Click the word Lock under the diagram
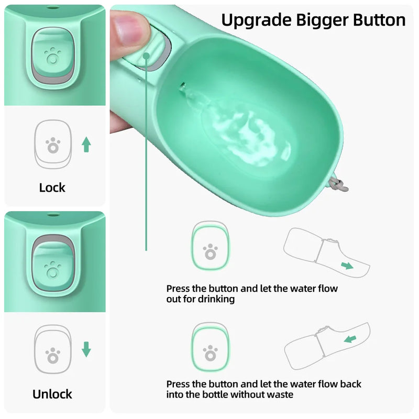[52, 188]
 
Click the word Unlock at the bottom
[52, 394]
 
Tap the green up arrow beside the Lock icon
[86, 145]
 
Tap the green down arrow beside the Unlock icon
[86, 349]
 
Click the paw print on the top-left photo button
[52, 55]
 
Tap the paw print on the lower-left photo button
[53, 270]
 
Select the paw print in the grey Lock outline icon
[52, 145]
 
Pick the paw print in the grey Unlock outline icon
[52, 356]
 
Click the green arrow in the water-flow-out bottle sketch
[347, 266]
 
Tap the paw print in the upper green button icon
[210, 251]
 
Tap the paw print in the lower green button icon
[210, 353]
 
